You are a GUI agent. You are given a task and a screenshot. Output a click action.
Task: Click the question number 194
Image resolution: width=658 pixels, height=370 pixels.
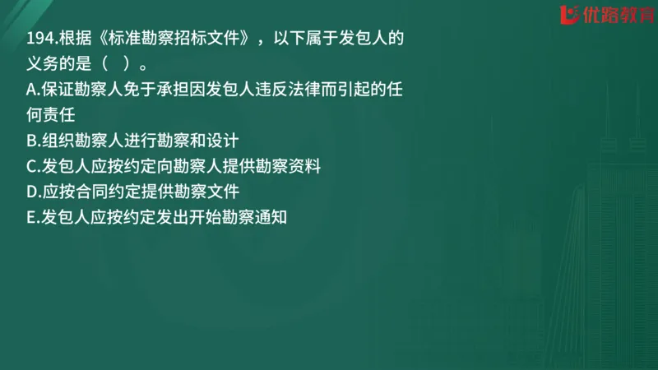pyautogui.click(x=39, y=39)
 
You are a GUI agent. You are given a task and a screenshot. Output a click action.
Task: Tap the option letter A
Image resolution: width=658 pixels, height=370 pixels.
pyautogui.click(x=32, y=88)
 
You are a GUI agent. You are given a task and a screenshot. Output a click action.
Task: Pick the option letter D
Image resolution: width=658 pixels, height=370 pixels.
pyautogui.click(x=32, y=192)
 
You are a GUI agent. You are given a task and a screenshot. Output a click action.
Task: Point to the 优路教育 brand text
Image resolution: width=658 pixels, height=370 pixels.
pyautogui.click(x=615, y=15)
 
